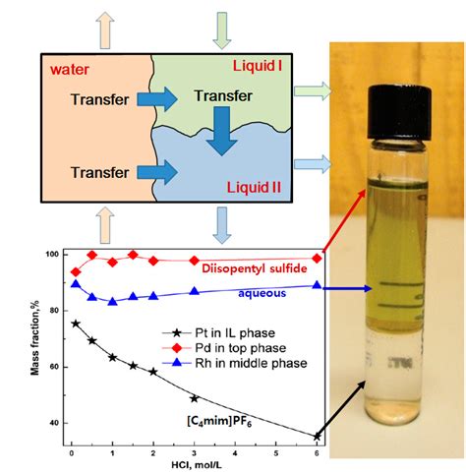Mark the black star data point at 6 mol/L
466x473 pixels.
(315, 436)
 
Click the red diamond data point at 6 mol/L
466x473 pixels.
(316, 259)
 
